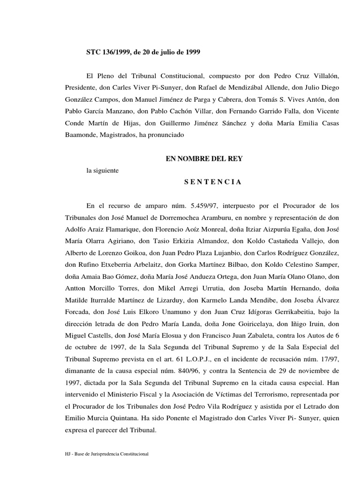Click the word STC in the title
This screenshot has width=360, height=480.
click(x=94, y=52)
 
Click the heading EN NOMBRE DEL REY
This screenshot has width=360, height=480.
click(x=204, y=159)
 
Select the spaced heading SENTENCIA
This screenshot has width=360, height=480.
click(x=210, y=182)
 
